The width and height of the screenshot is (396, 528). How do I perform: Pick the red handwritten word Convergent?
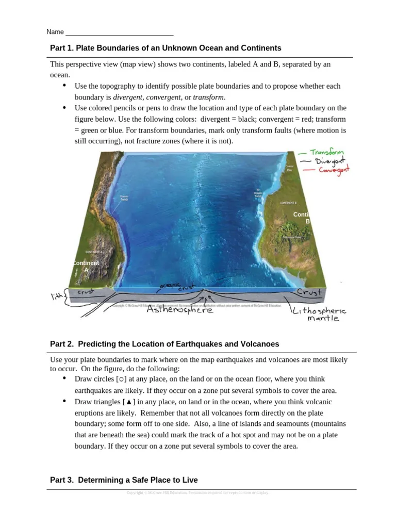(334, 170)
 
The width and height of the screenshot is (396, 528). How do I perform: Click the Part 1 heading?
(166, 48)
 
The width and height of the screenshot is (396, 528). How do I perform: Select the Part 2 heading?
(164, 344)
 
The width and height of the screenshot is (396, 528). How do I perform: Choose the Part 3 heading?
(124, 480)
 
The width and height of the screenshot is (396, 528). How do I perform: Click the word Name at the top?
(55, 32)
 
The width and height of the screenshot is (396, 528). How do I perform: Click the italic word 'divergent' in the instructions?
(128, 97)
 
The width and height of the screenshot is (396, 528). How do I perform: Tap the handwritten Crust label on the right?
(309, 292)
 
